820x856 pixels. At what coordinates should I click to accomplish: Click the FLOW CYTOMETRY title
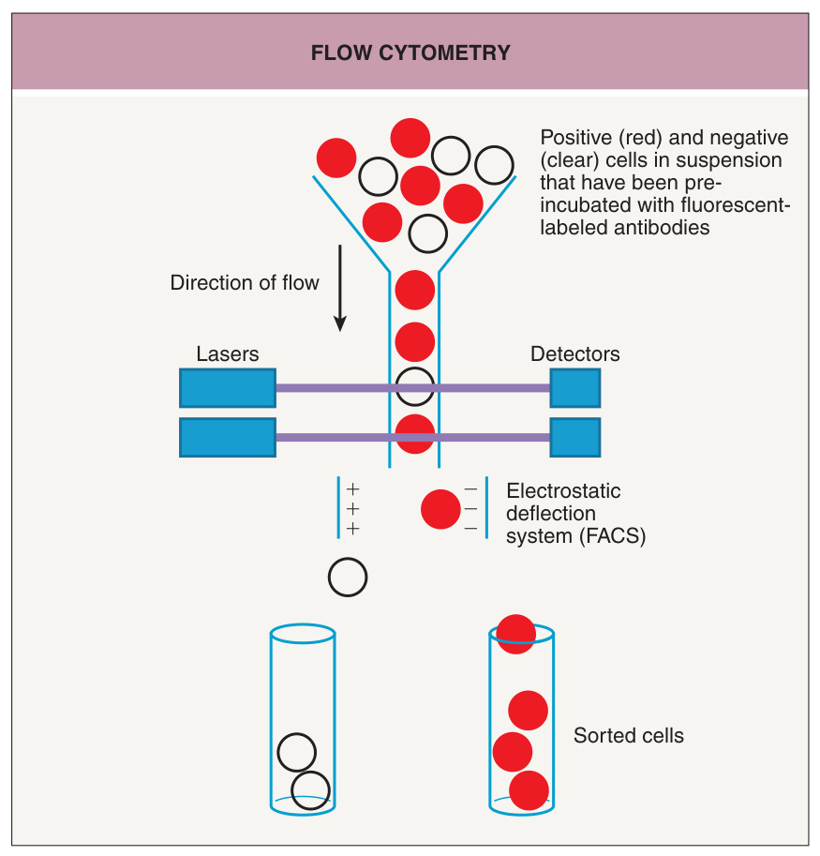[410, 53]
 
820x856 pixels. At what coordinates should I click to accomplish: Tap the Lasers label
[228, 353]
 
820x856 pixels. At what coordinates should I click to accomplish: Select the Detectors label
[575, 353]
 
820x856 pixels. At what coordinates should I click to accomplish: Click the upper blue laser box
[228, 388]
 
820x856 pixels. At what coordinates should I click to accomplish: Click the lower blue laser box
[228, 437]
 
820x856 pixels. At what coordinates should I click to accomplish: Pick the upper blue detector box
[575, 388]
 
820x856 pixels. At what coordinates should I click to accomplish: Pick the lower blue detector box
[575, 437]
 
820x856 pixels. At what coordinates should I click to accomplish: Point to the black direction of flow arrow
[340, 288]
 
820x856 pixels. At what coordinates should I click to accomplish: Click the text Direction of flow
[245, 283]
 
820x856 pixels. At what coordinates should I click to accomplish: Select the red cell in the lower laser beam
[414, 434]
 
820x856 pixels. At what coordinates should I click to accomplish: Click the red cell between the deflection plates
[440, 509]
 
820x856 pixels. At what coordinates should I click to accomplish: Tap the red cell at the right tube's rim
[516, 634]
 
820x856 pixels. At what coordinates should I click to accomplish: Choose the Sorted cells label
[629, 735]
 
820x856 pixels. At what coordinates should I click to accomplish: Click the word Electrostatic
[563, 490]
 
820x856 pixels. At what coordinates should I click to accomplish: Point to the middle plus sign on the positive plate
[353, 509]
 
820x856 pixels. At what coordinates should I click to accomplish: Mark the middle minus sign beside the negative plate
[470, 509]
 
